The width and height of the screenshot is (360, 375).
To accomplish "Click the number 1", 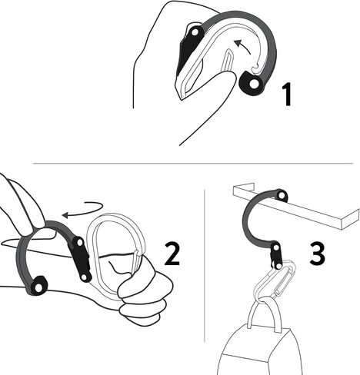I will pyautogui.click(x=285, y=96).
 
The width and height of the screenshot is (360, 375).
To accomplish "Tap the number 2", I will pyautogui.click(x=172, y=253).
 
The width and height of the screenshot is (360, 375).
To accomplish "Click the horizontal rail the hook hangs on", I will pyautogui.click(x=323, y=207).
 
